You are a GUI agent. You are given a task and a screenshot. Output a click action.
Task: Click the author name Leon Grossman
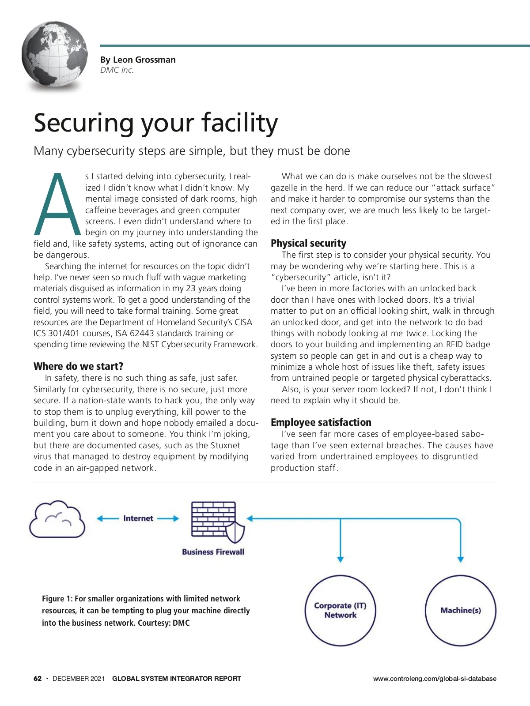click(x=144, y=60)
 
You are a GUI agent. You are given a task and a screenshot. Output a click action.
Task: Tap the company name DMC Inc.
click(x=117, y=70)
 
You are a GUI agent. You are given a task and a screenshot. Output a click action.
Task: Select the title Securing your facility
click(x=156, y=123)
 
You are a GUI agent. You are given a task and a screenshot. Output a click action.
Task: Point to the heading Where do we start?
click(x=78, y=366)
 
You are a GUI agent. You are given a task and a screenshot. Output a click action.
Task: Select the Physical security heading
click(x=308, y=243)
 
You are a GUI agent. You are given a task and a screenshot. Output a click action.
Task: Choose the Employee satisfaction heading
click(x=321, y=422)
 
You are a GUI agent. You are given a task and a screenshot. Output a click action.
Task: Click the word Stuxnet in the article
click(x=223, y=445)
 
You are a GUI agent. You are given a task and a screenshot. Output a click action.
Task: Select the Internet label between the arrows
click(x=138, y=518)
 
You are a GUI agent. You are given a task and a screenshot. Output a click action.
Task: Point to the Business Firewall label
click(x=213, y=552)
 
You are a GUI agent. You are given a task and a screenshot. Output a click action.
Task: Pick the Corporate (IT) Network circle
click(x=340, y=610)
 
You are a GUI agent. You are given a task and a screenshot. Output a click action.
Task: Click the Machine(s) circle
click(x=460, y=610)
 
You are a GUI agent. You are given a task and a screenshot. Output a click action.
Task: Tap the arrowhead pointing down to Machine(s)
click(x=460, y=559)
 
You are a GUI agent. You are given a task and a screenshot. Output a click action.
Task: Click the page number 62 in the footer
click(x=38, y=679)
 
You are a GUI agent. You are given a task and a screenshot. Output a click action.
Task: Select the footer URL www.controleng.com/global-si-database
click(x=434, y=679)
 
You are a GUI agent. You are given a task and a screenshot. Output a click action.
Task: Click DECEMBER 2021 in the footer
click(x=79, y=679)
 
